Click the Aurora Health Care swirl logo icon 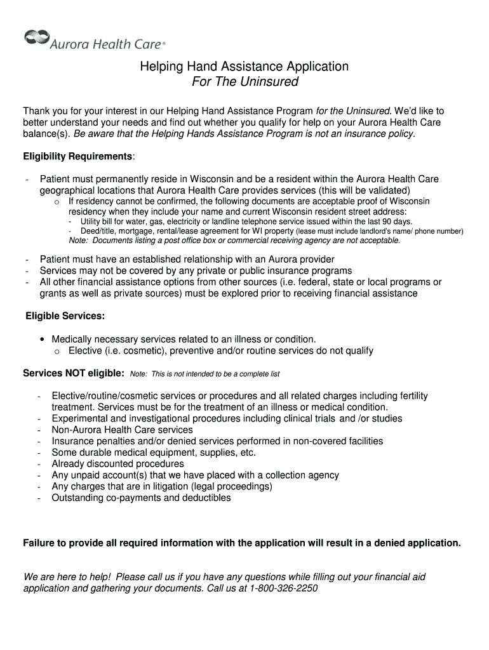(36, 37)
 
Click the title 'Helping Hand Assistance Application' (245, 67)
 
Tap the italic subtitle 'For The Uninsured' (245, 82)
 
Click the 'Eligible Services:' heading (65, 316)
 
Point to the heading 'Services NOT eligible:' (74, 373)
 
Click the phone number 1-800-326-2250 (283, 588)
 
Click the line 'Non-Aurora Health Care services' (123, 430)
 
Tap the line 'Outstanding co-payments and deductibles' (142, 498)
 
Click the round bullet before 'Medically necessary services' (43, 340)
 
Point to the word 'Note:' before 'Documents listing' (78, 241)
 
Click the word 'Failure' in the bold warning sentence (40, 543)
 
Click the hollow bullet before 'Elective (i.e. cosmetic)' (57, 352)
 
